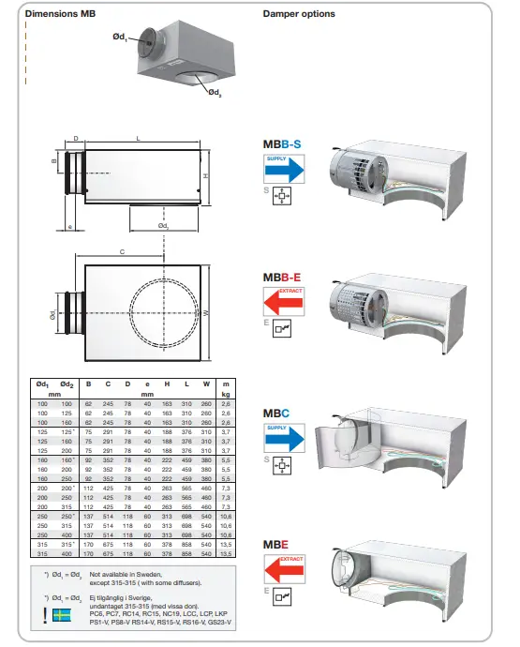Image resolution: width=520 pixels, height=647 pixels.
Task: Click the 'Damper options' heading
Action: pyautogui.click(x=299, y=15)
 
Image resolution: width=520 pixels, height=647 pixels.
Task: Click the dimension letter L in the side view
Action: pyautogui.click(x=139, y=138)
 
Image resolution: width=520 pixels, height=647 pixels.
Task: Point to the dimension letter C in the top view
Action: pyautogui.click(x=123, y=251)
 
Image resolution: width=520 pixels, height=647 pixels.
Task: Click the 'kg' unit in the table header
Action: pyautogui.click(x=226, y=395)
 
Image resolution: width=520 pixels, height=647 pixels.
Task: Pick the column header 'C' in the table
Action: pyautogui.click(x=108, y=384)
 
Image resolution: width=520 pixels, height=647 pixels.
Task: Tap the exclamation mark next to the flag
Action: pyautogui.click(x=46, y=616)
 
